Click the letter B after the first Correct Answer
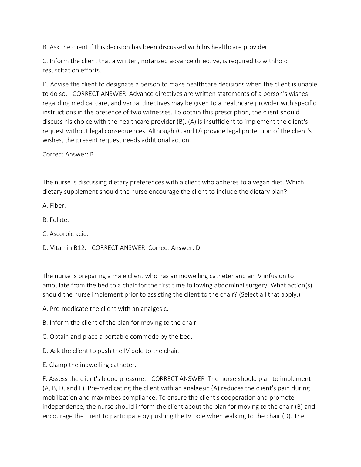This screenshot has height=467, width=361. [x=92, y=154]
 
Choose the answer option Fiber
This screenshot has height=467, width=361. [x=58, y=206]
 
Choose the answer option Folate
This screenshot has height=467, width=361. [x=59, y=220]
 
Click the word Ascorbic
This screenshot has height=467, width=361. [x=61, y=234]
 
